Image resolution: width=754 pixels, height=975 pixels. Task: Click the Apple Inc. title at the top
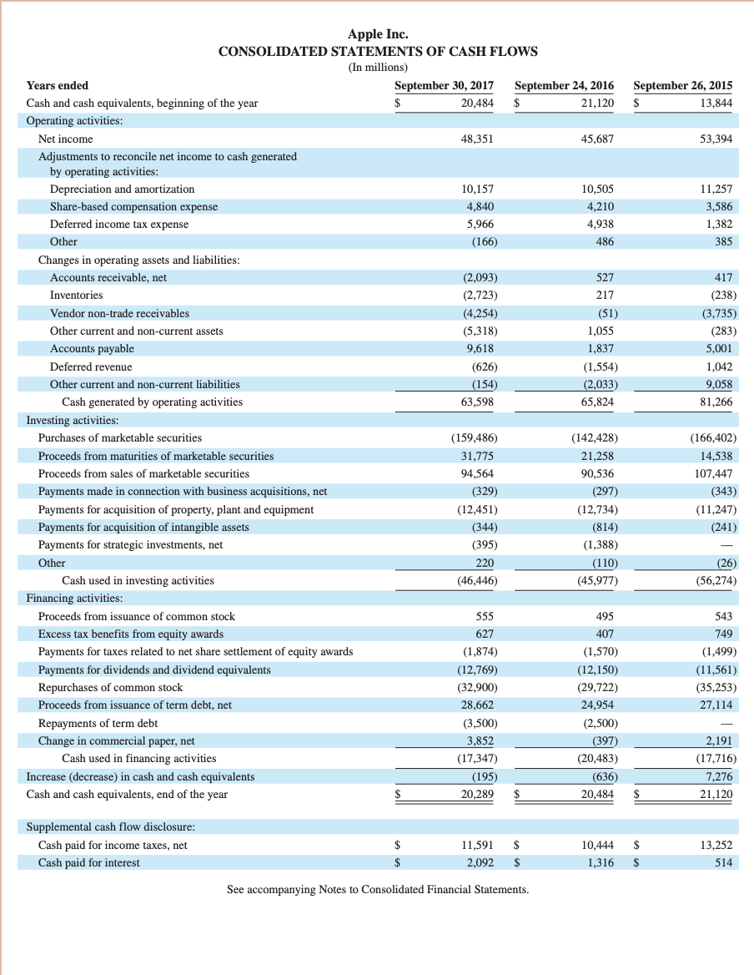pyautogui.click(x=378, y=34)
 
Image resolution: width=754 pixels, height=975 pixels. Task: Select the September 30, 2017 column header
pyautogui.click(x=444, y=85)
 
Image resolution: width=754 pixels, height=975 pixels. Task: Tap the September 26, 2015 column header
pyautogui.click(x=683, y=85)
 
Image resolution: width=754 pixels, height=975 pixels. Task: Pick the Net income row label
pyautogui.click(x=66, y=139)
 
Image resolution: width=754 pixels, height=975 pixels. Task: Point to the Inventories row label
pyautogui.click(x=77, y=296)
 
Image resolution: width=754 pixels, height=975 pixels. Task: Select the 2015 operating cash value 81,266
pyautogui.click(x=715, y=402)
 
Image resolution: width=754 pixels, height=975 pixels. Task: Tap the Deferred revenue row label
pyautogui.click(x=91, y=366)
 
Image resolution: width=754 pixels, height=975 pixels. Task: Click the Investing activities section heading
pyautogui.click(x=73, y=420)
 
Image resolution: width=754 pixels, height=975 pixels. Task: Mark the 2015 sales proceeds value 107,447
pyautogui.click(x=711, y=473)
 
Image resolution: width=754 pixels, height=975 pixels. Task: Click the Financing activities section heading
pyautogui.click(x=75, y=598)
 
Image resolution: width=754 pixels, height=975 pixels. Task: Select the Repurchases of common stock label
pyautogui.click(x=110, y=687)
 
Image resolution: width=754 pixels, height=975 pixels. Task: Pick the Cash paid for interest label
pyautogui.click(x=89, y=862)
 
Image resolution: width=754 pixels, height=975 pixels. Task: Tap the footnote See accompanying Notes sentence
pyautogui.click(x=378, y=889)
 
